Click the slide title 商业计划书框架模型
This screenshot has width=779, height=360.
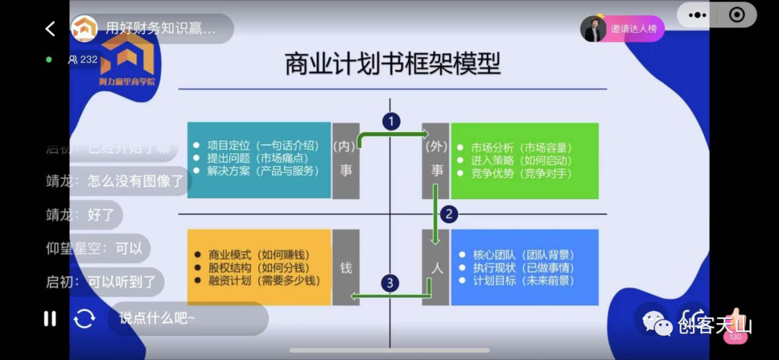pos(392,64)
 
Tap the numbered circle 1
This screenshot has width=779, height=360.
pos(391,121)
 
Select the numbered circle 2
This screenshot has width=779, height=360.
pos(449,214)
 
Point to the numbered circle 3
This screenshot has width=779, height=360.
pos(390,283)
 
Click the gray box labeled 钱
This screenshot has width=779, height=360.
pos(346,267)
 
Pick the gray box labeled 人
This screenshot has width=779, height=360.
pos(435,267)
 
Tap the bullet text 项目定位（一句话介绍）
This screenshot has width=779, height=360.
pos(263,144)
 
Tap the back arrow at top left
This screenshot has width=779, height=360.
pos(50,29)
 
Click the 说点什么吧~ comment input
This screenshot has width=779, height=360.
pos(188,318)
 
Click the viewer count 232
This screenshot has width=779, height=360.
pos(83,59)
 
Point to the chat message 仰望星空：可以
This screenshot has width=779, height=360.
pos(94,249)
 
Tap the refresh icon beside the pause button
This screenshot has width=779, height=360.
pos(84,318)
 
